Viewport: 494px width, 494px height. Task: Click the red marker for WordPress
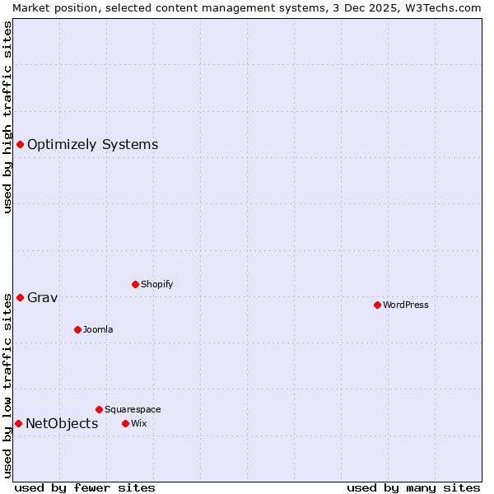pos(377,305)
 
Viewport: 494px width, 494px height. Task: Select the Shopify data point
pos(135,284)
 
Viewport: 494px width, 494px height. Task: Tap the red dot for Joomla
pos(77,329)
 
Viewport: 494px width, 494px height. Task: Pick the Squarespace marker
pos(99,409)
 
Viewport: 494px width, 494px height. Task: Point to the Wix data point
pos(125,423)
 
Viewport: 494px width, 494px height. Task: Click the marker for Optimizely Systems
pos(20,145)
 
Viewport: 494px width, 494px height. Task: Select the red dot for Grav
pos(20,297)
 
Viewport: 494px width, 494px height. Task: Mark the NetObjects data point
pos(18,423)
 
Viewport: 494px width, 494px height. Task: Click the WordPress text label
pos(406,305)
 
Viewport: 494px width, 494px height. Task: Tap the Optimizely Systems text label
pos(92,145)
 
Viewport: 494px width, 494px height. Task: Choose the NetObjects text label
pos(62,423)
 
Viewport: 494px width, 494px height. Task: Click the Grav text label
pos(42,297)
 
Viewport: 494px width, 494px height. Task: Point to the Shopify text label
pos(156,284)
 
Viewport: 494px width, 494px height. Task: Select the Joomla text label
pos(98,329)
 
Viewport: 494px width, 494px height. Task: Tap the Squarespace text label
pos(133,409)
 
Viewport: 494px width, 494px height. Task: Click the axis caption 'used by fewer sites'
pos(85,487)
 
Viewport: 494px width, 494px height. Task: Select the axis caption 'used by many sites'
pos(413,487)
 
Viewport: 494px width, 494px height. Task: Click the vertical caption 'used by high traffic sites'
pos(7,117)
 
